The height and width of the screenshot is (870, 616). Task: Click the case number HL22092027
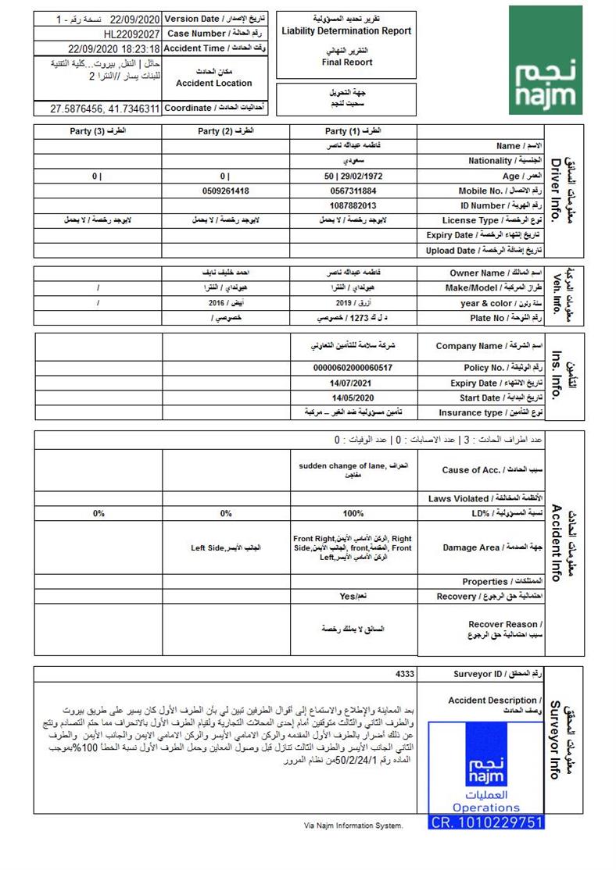click(x=131, y=34)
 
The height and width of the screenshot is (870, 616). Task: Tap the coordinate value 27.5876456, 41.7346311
click(x=105, y=109)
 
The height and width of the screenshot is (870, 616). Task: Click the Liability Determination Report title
click(x=346, y=31)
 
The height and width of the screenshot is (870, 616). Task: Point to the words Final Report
click(x=346, y=62)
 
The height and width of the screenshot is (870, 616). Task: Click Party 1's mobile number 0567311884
click(x=353, y=191)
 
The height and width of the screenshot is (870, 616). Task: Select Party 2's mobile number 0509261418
click(x=225, y=191)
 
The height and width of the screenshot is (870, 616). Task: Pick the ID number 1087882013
click(x=353, y=205)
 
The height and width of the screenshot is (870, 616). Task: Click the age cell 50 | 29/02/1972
click(x=353, y=176)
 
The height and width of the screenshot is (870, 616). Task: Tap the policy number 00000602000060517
click(x=353, y=368)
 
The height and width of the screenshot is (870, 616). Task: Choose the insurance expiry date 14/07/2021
click(x=353, y=383)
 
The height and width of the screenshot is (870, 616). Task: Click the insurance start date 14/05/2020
click(x=353, y=398)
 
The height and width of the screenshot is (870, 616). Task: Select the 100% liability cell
click(x=353, y=514)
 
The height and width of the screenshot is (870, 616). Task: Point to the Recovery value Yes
click(x=349, y=596)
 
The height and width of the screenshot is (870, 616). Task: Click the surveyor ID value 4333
click(x=406, y=674)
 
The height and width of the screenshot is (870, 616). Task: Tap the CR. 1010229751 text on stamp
click(x=486, y=822)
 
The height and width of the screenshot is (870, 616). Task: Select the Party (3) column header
click(x=98, y=131)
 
